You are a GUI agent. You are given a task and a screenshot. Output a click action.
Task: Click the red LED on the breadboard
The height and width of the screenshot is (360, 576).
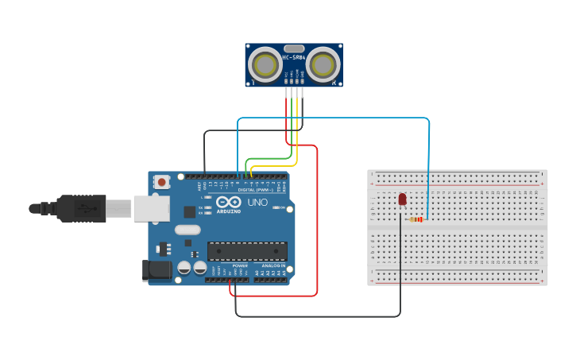tap(402, 198)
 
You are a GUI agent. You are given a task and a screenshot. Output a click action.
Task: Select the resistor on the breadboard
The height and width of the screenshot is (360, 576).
tap(416, 220)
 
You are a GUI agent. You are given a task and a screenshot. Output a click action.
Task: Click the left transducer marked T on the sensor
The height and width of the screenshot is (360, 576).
tap(263, 64)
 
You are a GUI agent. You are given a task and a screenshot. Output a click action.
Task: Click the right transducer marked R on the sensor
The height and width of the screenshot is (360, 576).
tap(323, 64)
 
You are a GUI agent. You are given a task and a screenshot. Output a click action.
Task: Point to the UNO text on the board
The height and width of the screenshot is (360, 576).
tap(257, 203)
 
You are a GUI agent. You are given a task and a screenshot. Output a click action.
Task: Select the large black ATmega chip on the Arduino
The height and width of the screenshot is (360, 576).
tap(247, 251)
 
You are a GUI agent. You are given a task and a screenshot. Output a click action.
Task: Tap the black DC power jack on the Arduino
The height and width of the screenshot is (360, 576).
tap(157, 270)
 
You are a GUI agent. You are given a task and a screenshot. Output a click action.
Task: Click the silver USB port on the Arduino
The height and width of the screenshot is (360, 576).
tap(151, 208)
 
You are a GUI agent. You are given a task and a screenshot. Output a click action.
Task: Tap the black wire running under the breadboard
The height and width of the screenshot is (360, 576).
tap(318, 316)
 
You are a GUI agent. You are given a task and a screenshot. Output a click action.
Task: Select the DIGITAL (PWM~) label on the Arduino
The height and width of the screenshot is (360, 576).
tap(257, 190)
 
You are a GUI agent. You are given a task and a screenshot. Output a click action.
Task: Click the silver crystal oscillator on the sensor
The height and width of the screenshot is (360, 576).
tap(292, 48)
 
